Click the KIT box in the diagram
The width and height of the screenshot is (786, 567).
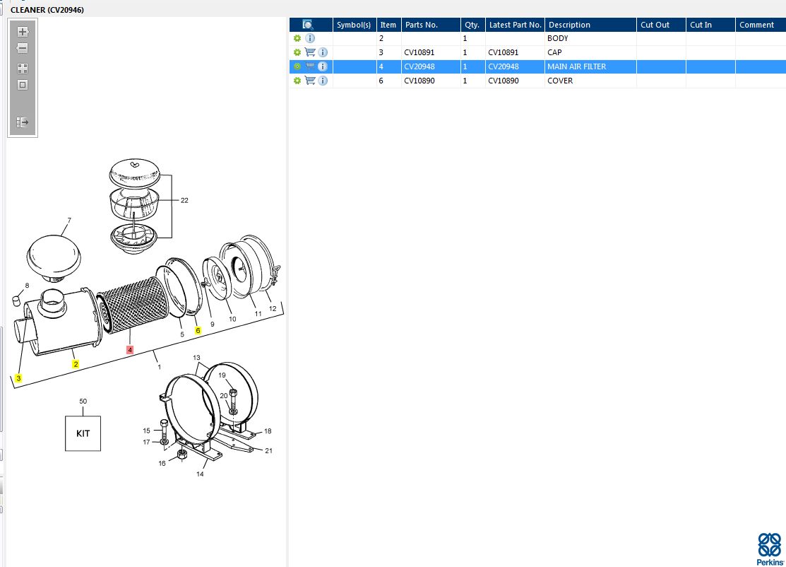pyautogui.click(x=83, y=433)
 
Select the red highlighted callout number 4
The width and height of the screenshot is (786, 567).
pyautogui.click(x=130, y=350)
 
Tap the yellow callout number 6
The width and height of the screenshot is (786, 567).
pyautogui.click(x=198, y=330)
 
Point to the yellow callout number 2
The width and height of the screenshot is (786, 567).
pyautogui.click(x=75, y=364)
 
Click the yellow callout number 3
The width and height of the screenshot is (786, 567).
pyautogui.click(x=18, y=378)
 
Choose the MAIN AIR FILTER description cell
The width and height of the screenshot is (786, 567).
pyautogui.click(x=590, y=66)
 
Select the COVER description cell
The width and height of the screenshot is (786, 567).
pyautogui.click(x=590, y=81)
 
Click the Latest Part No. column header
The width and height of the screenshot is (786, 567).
pyautogui.click(x=515, y=25)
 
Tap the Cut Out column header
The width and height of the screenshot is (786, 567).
pyautogui.click(x=661, y=25)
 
